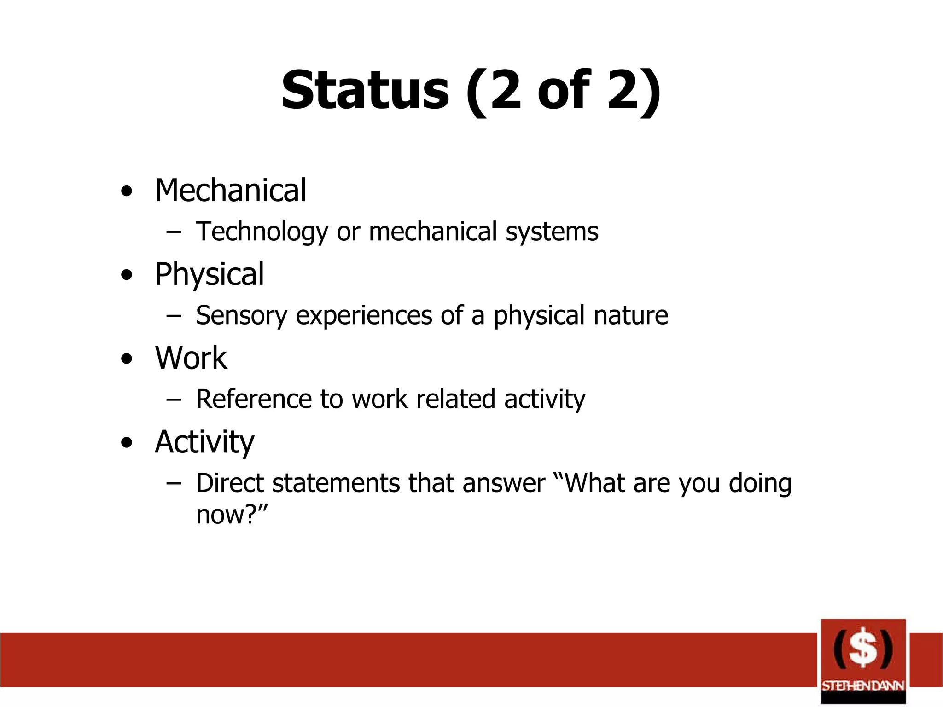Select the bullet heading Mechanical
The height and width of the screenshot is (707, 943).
[230, 191]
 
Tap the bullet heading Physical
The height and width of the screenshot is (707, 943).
[210, 275]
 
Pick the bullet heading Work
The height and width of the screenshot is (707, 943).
[191, 358]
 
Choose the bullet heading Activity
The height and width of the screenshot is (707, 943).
[204, 442]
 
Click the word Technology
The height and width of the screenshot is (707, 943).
[262, 232]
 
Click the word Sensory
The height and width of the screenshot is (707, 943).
[241, 316]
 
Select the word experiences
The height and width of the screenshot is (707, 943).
[364, 316]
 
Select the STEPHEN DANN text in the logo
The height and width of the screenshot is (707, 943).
[863, 686]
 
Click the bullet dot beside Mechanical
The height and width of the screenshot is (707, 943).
[127, 191]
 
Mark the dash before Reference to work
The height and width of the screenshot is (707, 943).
[174, 400]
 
